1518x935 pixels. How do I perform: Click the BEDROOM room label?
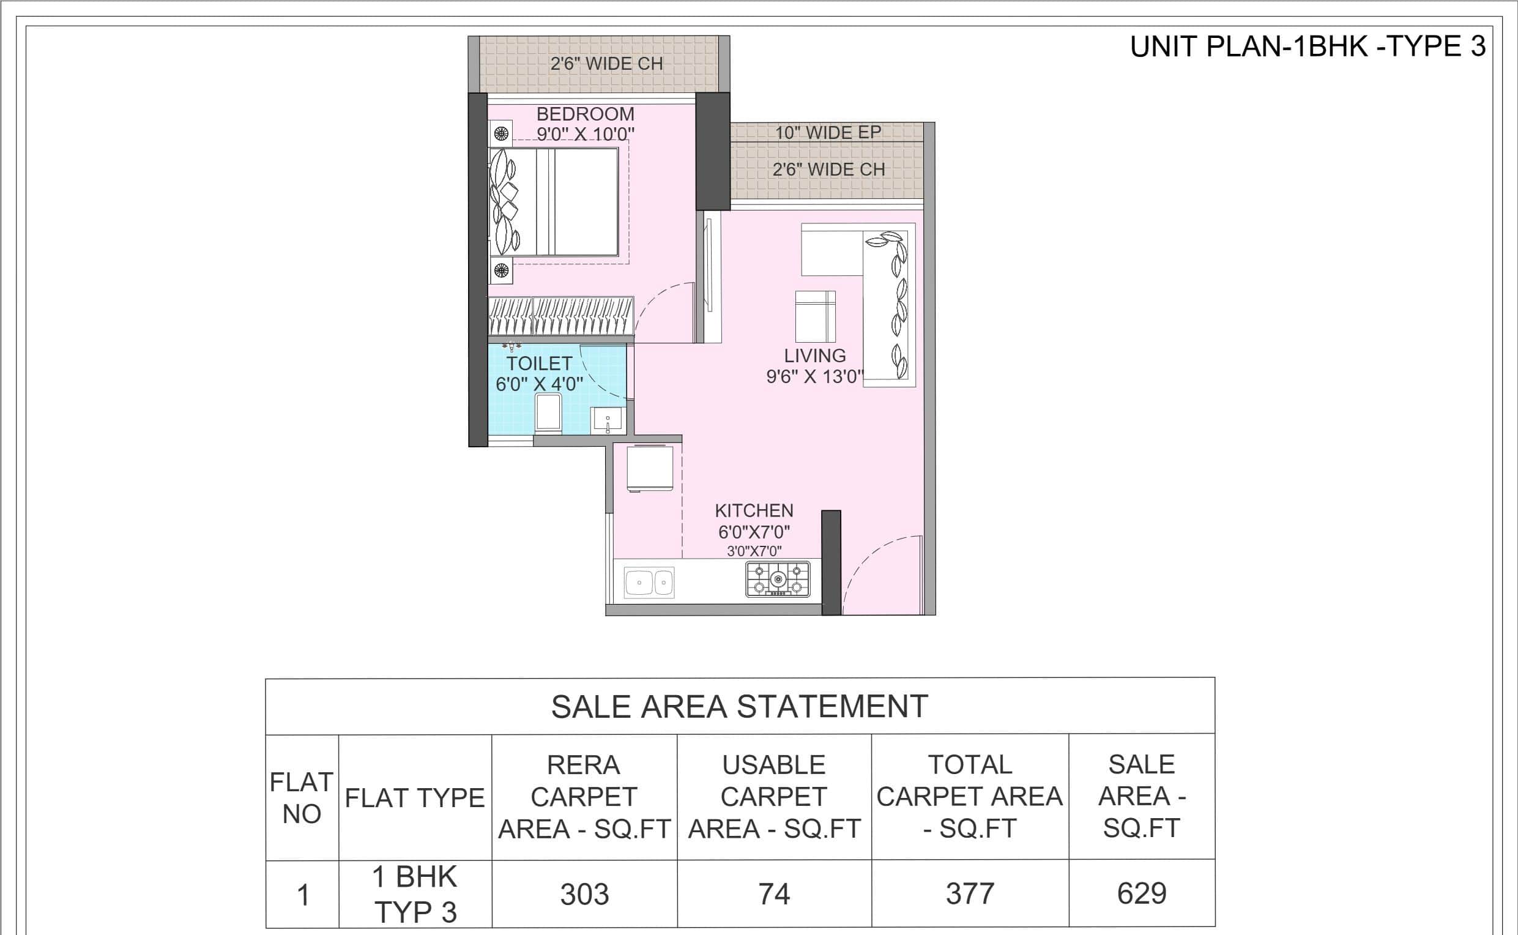[x=585, y=114]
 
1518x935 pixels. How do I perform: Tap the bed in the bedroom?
[x=554, y=201]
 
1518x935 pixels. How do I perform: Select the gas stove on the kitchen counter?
[x=778, y=579]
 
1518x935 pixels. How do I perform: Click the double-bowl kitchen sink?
[x=649, y=582]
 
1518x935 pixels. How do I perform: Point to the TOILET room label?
[x=539, y=363]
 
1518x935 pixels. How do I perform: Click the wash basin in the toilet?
[x=608, y=420]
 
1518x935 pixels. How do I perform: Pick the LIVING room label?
[x=815, y=356]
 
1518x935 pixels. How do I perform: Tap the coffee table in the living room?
[x=815, y=316]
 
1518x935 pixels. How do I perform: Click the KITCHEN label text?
[x=754, y=510]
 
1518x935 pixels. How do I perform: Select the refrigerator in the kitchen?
[x=649, y=468]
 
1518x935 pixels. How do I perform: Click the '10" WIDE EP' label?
[x=828, y=132]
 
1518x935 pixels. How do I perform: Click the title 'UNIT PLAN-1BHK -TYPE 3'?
[x=1308, y=47]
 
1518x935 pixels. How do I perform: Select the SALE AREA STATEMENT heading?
[x=740, y=706]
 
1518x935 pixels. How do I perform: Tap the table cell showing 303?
[x=584, y=894]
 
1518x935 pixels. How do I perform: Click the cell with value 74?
[x=774, y=894]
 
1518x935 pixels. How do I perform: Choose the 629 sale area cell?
[x=1142, y=893]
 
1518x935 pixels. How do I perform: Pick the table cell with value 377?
[x=970, y=893]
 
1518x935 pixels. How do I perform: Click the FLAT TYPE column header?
[x=415, y=798]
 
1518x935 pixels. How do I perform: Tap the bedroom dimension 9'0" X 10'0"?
[x=585, y=134]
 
